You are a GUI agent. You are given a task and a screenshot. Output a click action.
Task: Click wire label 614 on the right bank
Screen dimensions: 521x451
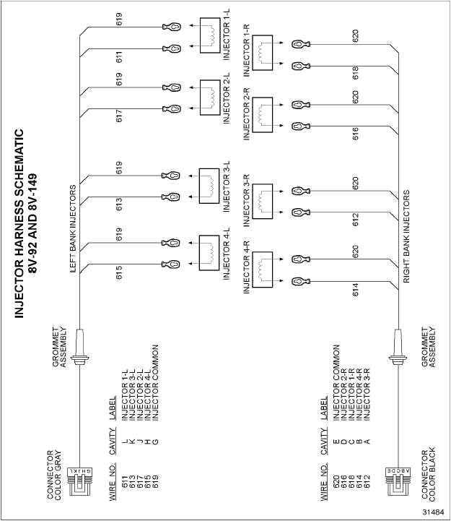[355, 290]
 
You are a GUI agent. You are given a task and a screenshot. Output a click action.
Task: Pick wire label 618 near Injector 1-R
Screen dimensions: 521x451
[355, 73]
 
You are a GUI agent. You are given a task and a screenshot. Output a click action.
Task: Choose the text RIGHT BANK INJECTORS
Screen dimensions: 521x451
[407, 236]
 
